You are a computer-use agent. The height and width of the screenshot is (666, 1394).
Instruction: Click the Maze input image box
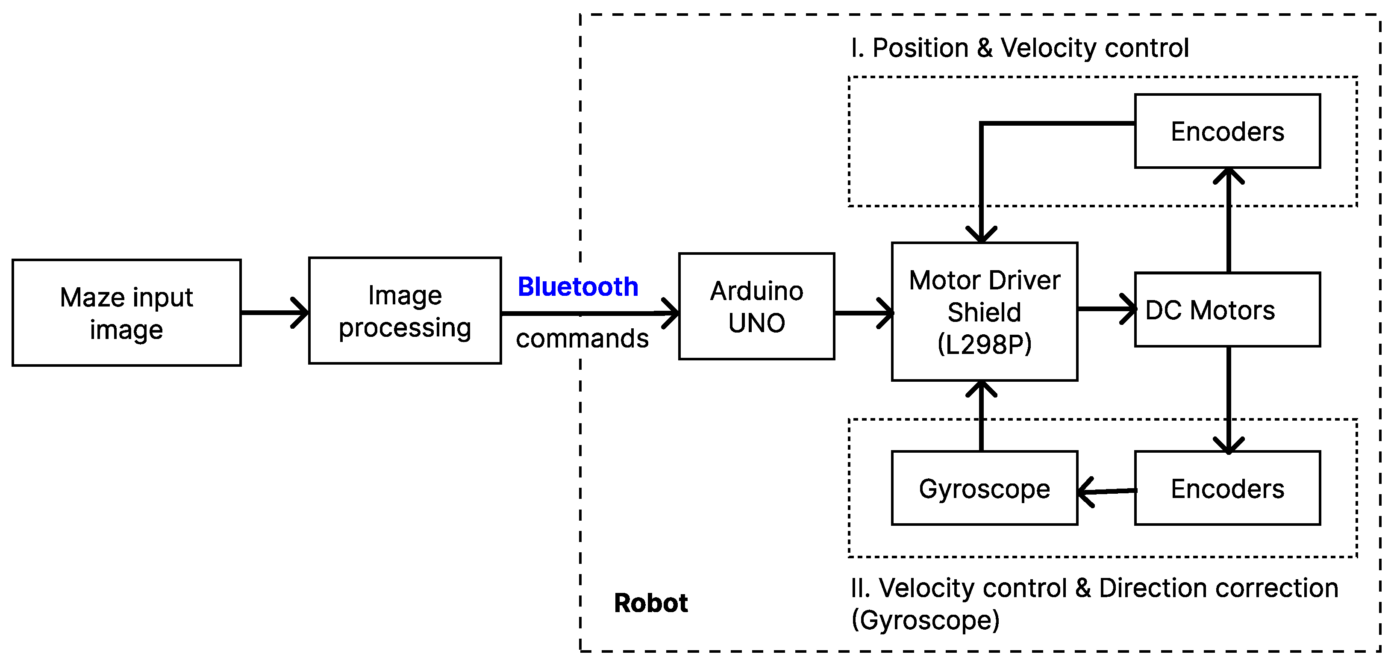(126, 313)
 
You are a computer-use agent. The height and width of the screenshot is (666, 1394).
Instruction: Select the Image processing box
(405, 311)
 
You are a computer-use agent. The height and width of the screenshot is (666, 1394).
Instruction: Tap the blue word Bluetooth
(578, 286)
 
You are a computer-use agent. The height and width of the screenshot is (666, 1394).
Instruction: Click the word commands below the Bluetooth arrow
(582, 339)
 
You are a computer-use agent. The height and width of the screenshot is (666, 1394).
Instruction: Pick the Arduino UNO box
(756, 306)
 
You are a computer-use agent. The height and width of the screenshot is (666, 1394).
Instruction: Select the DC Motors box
(1227, 310)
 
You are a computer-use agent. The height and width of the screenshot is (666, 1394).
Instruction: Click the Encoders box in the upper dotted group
(1227, 132)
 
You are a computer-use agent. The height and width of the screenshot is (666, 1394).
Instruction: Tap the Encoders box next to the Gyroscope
(1227, 489)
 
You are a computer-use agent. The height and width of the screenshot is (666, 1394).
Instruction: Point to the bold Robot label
(650, 603)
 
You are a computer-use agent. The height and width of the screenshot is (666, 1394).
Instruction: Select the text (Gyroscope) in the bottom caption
(925, 620)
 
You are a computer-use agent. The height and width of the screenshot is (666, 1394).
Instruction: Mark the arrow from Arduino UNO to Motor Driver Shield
(863, 313)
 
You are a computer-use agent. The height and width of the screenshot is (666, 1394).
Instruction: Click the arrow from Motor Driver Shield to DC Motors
(1107, 309)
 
